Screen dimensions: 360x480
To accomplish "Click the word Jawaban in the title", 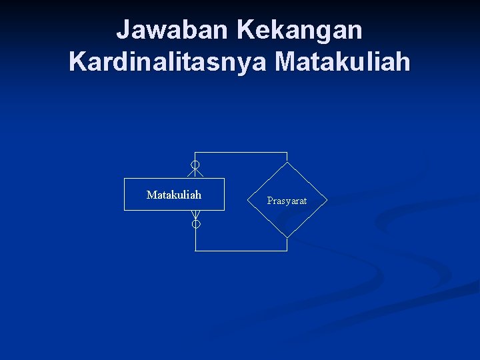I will pyautogui.click(x=171, y=30).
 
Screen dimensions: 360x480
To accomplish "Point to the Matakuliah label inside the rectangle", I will pyautogui.click(x=174, y=195).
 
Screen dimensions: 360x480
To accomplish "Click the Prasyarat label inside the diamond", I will pyautogui.click(x=287, y=201).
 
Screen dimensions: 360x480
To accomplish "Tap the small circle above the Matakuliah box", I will pyautogui.click(x=195, y=165).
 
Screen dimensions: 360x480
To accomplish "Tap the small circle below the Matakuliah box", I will pyautogui.click(x=196, y=225).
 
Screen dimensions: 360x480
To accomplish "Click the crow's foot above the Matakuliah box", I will pyautogui.click(x=195, y=173).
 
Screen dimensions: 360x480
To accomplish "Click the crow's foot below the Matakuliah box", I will pyautogui.click(x=195, y=215).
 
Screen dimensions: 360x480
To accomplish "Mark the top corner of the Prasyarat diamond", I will pyautogui.click(x=287, y=162).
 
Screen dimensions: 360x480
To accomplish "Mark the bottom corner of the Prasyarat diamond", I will pyautogui.click(x=287, y=237).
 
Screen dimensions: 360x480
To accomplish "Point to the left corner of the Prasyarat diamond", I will pyautogui.click(x=247, y=200).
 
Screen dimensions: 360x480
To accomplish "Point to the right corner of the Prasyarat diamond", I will pyautogui.click(x=327, y=200).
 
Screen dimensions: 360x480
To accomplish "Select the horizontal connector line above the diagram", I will pyautogui.click(x=241, y=153).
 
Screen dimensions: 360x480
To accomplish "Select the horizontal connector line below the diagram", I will pyautogui.click(x=241, y=251).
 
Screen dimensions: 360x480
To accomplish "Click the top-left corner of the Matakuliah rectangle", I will pyautogui.click(x=125, y=179).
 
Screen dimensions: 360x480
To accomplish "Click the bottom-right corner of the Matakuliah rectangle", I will pyautogui.click(x=224, y=210).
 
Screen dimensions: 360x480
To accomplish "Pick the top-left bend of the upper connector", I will pyautogui.click(x=195, y=153).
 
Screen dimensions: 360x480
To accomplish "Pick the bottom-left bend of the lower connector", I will pyautogui.click(x=195, y=251).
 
